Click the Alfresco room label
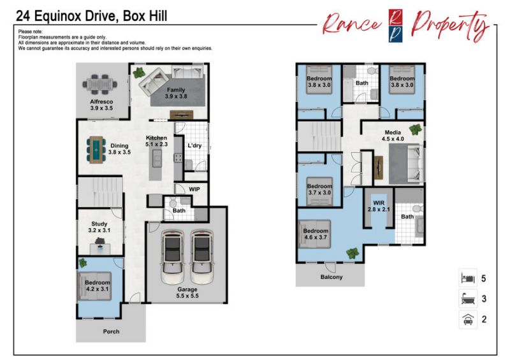coord(101,101)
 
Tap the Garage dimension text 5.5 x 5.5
coord(187,296)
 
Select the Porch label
coord(111,332)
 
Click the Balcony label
coord(331,277)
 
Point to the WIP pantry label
coord(194,189)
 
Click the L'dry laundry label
coord(194,145)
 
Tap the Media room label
coord(393,133)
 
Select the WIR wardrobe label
coord(379,203)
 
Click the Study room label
coord(99,224)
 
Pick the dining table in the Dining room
coord(96,150)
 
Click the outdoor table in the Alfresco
coord(100,85)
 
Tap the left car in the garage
coord(173,257)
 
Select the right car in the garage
coord(202,257)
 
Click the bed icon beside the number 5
coord(468,278)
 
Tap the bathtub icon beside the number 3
coord(468,299)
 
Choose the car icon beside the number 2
coord(468,319)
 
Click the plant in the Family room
coord(139,72)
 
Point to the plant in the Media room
coord(416,129)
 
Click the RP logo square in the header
coord(395,25)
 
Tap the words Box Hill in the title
coord(145,16)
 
